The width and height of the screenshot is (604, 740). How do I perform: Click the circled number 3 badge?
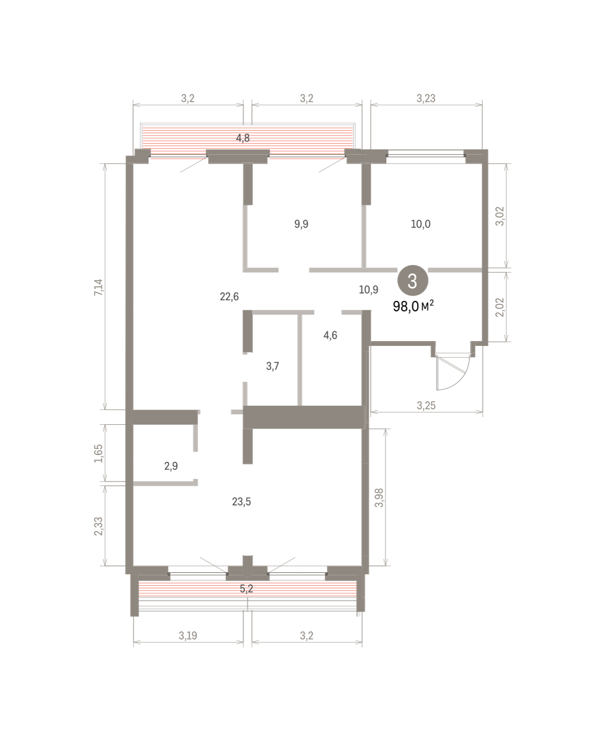pos(412,281)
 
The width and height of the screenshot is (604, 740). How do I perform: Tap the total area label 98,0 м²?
pos(413,306)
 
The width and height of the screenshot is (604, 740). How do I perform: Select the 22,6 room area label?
pos(229,297)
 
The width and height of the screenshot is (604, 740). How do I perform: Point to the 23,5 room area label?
pos(241,502)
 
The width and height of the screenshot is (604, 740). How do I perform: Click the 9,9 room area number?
pos(302,224)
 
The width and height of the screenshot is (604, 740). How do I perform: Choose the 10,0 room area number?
pos(420,224)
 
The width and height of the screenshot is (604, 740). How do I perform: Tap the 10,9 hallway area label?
pos(368,290)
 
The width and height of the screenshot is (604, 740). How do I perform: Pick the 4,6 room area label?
pos(330,335)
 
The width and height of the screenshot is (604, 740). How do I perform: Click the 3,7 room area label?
pos(272,366)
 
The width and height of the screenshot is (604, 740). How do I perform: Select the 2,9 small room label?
pos(171,466)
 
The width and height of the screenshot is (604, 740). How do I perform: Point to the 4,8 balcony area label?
pos(242,138)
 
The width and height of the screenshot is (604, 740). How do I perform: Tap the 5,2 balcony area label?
pos(246,588)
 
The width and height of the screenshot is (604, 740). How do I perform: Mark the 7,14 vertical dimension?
pos(99,287)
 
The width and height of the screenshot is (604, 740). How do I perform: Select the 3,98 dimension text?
pos(379,498)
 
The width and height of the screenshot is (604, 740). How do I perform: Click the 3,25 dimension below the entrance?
pos(426,406)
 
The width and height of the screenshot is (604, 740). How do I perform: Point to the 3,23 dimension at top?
pos(426,98)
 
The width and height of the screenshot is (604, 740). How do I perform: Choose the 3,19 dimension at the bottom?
pos(188,635)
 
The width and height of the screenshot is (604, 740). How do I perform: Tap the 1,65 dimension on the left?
pos(99,453)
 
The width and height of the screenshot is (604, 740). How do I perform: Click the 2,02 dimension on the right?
pos(499,307)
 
